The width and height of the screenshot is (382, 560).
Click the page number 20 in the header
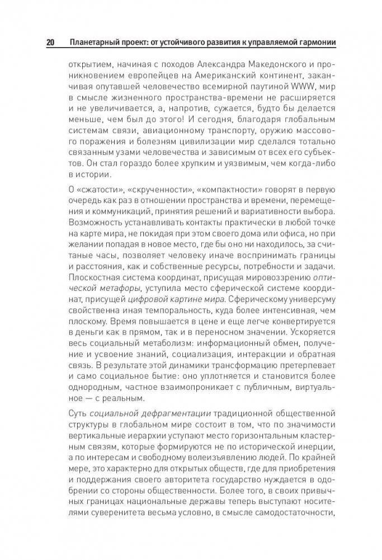50,43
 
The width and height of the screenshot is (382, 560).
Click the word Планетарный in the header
91,43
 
